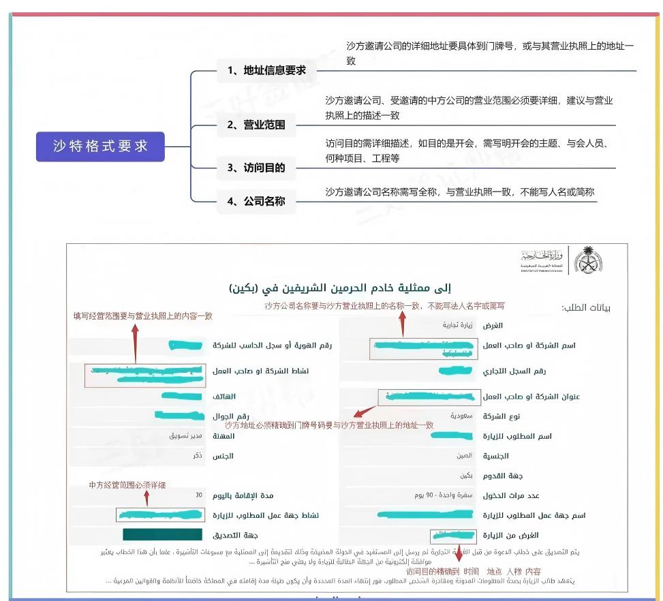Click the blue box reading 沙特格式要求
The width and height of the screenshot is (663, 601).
point(100,147)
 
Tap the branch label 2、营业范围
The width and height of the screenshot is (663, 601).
point(256,125)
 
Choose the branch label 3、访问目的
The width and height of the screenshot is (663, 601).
point(256,168)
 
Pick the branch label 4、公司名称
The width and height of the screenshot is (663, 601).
point(256,201)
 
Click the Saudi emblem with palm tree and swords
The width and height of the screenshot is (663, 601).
point(588,260)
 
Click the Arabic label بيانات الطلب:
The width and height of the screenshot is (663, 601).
point(585,308)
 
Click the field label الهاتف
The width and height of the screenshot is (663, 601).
point(224,396)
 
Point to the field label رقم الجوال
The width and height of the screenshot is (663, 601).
point(231,416)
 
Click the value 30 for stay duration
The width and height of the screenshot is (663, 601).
point(198,495)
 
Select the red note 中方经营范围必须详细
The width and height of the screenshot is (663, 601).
point(127,484)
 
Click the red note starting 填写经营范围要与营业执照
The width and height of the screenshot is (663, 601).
point(143,315)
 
